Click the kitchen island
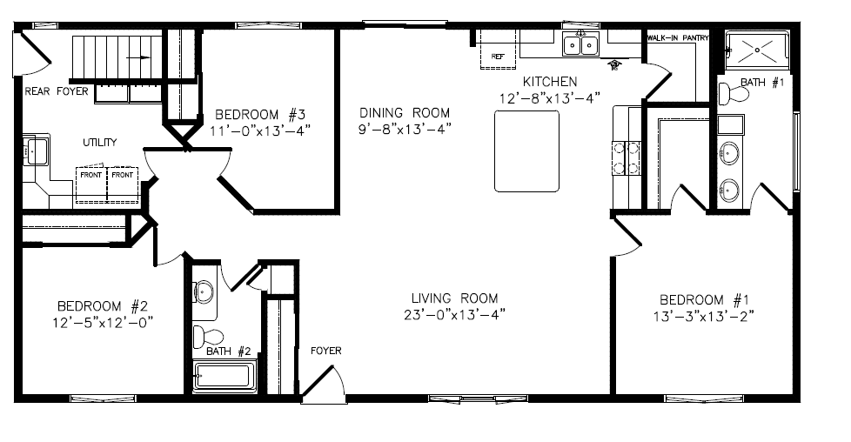coord(526,151)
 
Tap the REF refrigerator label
coord(498,57)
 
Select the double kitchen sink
coord(580,44)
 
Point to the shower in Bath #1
coord(757,50)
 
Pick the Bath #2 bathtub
coord(223,376)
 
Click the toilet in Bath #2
coord(208,336)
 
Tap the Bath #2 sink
coord(204,292)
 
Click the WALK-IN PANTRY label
coord(678,38)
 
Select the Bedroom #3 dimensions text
coord(260,131)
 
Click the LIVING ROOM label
coord(454,298)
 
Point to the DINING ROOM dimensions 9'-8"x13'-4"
coord(405,130)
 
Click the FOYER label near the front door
coord(326,351)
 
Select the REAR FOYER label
coord(57,91)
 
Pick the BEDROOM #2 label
coord(103,305)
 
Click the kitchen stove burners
coord(627,157)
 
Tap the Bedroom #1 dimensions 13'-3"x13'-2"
coord(704,316)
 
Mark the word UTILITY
coord(100,143)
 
